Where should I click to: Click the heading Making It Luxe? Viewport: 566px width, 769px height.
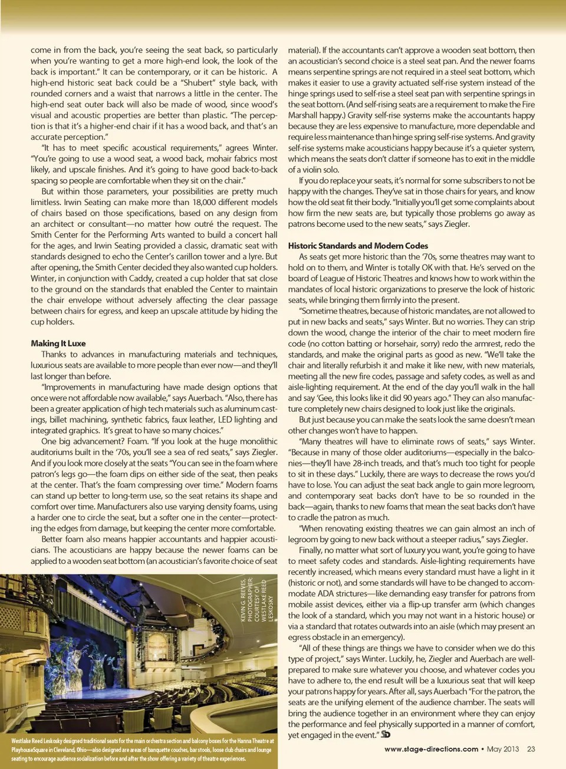pyautogui.click(x=58, y=344)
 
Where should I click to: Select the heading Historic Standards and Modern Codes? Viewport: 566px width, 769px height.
pyautogui.click(x=358, y=246)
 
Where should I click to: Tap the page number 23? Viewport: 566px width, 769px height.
pyautogui.click(x=531, y=749)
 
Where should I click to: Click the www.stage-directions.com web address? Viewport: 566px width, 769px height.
pyautogui.click(x=431, y=749)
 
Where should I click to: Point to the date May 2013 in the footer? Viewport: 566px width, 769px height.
pyautogui.click(x=503, y=749)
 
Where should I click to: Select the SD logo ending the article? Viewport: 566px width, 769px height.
pyautogui.click(x=386, y=734)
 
